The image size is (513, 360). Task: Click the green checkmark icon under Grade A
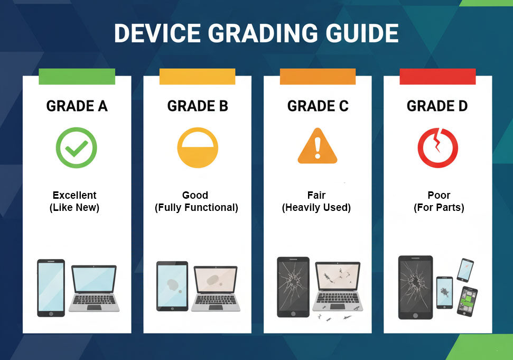(76, 147)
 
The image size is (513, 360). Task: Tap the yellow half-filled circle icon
(198, 147)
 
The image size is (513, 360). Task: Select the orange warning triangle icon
(318, 146)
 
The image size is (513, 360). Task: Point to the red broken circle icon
(438, 147)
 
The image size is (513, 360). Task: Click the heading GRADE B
(198, 106)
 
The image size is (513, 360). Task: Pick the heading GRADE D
(437, 106)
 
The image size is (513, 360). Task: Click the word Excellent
(74, 195)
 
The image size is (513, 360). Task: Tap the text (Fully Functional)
(197, 208)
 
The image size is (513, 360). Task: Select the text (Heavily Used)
(316, 208)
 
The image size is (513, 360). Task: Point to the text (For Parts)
(439, 208)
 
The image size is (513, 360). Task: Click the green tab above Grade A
(77, 77)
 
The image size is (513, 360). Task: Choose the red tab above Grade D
(438, 77)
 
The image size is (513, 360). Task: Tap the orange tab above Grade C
(318, 77)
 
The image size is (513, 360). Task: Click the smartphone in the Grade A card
(51, 288)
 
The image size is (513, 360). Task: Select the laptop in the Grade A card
(94, 288)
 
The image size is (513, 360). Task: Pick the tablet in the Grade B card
(172, 286)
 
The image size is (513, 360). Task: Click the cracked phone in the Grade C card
(293, 287)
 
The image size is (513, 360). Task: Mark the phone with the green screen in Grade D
(467, 301)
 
